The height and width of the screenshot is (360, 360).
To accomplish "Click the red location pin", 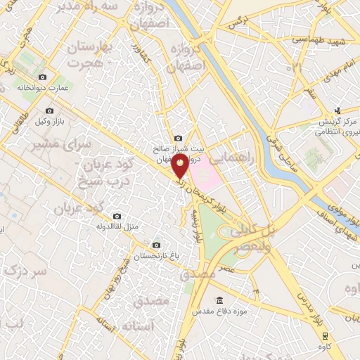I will click(x=180, y=166).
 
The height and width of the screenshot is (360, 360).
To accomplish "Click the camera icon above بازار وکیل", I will click(x=49, y=110).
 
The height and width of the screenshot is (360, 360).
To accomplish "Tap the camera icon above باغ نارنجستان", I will click(x=155, y=245).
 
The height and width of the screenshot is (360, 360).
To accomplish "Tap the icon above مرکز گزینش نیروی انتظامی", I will click(x=337, y=110).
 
